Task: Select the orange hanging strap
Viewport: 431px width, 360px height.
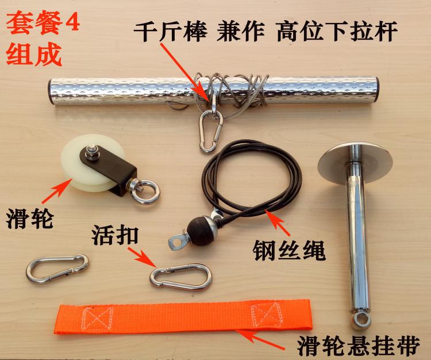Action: click(183, 316)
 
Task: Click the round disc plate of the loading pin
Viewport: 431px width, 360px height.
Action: click(355, 164)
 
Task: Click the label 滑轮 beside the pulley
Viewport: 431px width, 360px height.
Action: click(30, 219)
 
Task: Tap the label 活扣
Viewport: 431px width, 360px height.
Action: click(115, 235)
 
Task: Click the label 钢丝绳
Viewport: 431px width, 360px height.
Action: click(289, 250)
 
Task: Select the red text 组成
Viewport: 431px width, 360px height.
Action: click(33, 55)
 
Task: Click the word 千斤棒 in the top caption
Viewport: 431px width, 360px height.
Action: click(171, 31)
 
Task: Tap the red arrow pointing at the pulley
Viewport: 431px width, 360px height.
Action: click(56, 190)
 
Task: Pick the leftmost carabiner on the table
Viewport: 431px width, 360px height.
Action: click(57, 269)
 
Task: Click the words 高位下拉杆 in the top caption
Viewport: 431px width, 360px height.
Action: click(337, 31)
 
